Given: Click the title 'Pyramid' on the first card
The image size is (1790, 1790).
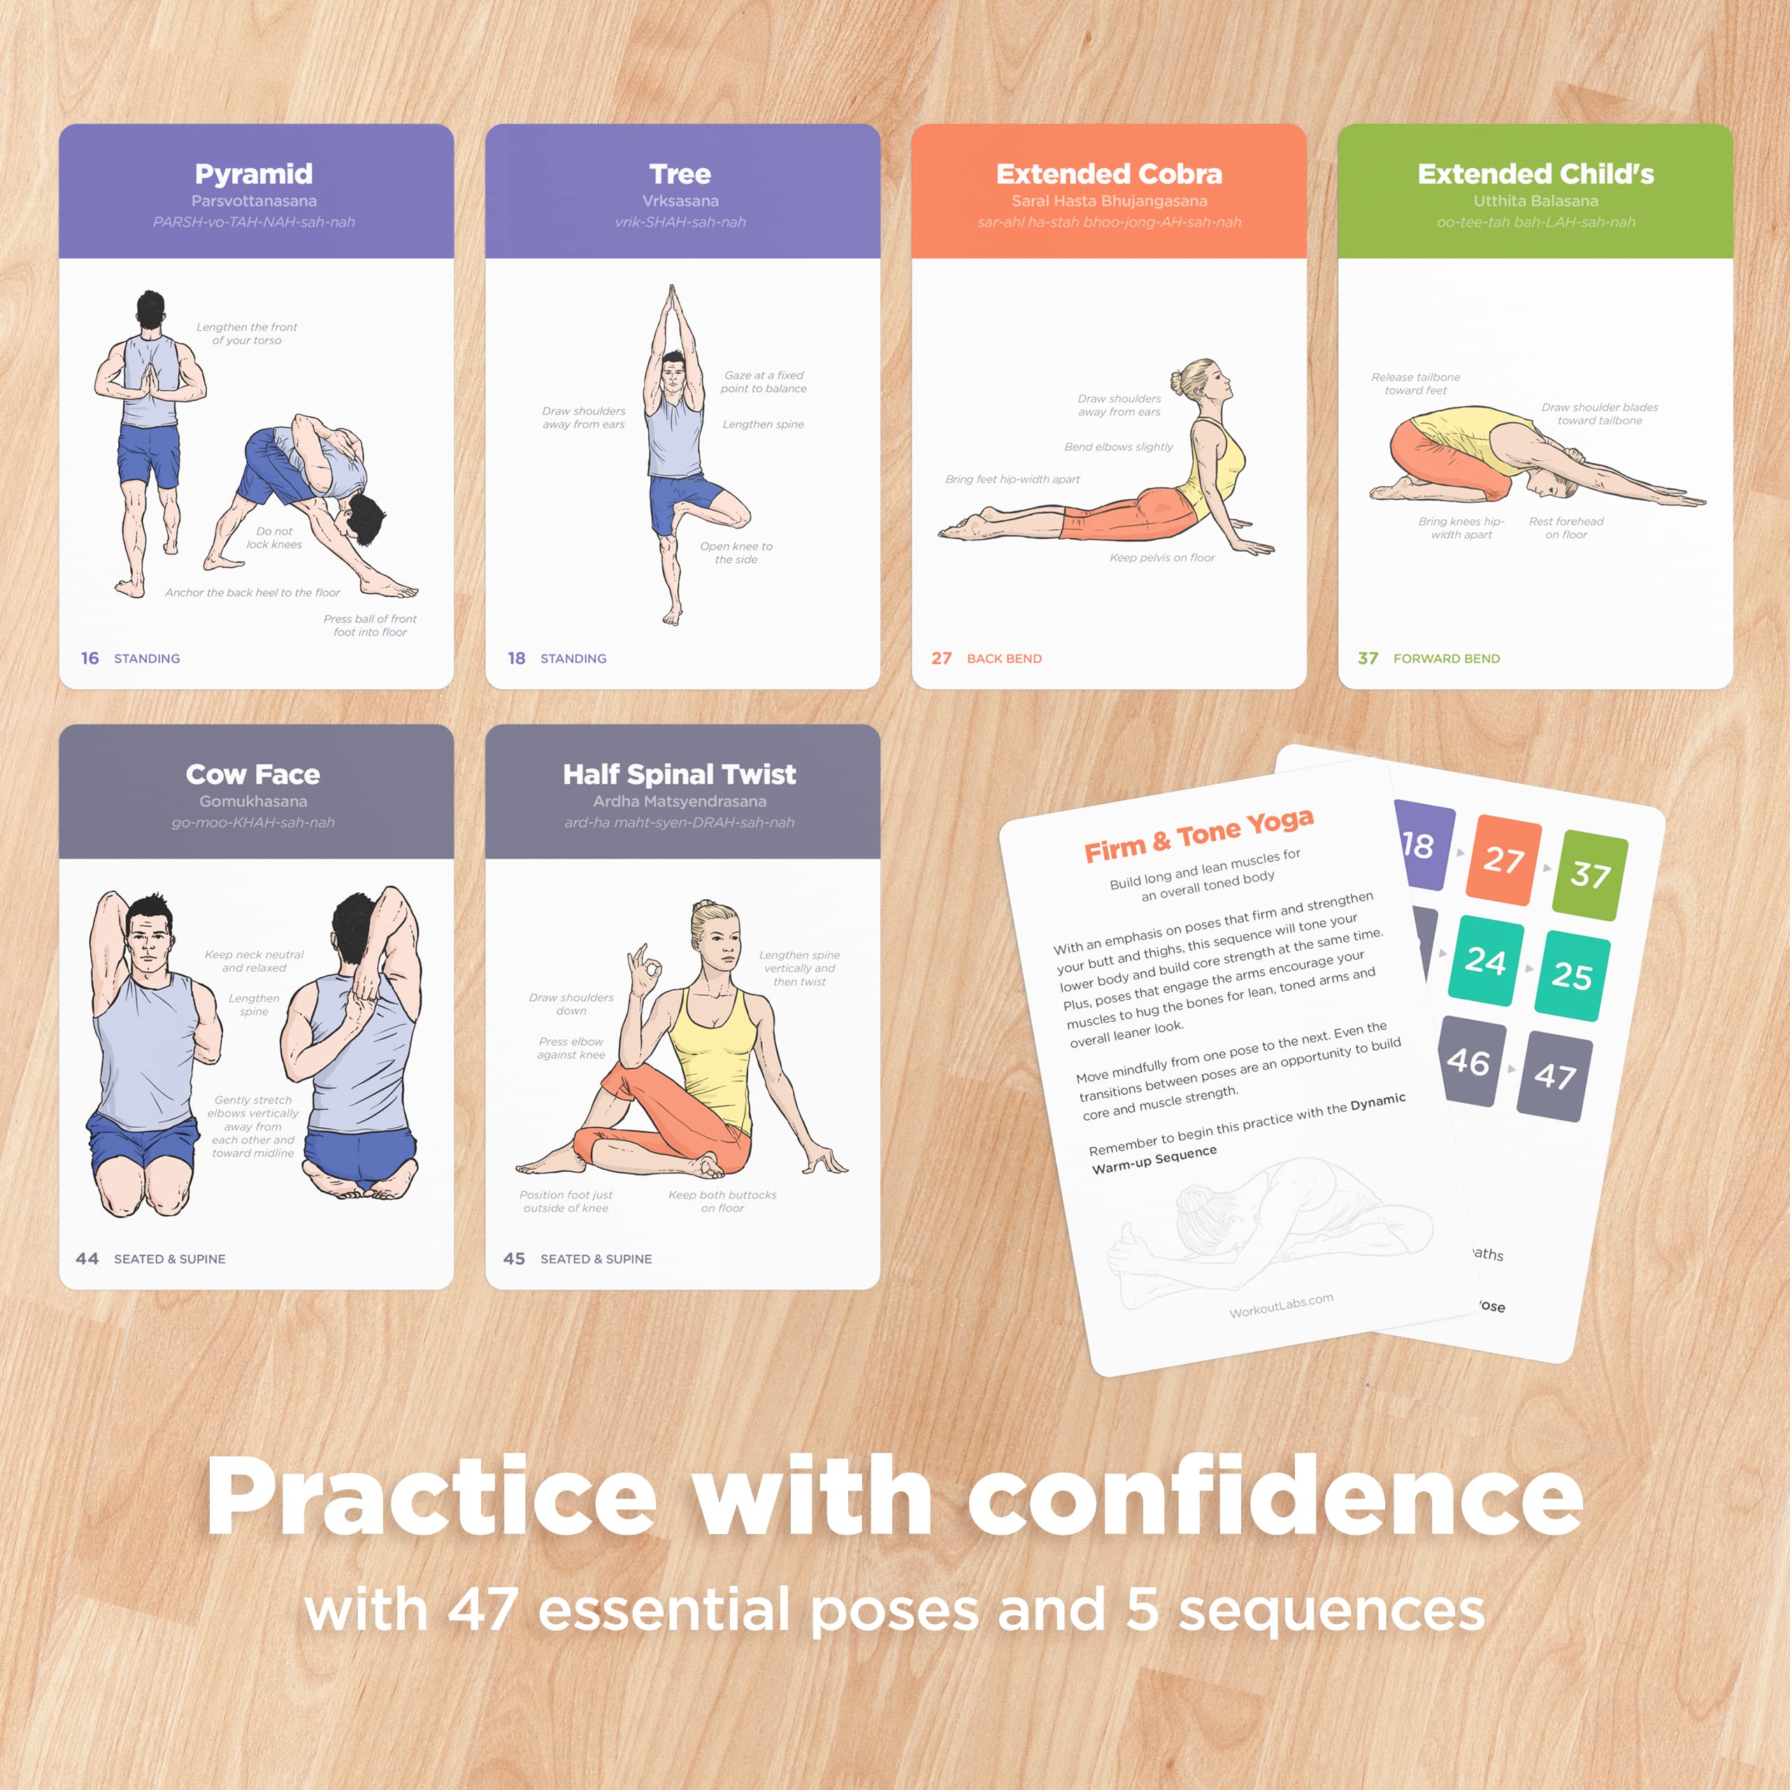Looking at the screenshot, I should point(253,173).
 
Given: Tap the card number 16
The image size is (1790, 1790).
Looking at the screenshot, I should point(90,658).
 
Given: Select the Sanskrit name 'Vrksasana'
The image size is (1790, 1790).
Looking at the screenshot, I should point(680,201).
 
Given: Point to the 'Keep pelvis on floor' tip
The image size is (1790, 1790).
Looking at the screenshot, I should point(1162,558).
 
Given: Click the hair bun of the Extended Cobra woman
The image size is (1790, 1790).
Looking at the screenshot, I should point(1178,380).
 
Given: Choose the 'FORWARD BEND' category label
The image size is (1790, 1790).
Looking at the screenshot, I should point(1446,658).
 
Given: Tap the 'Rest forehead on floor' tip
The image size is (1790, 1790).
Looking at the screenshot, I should point(1566,528).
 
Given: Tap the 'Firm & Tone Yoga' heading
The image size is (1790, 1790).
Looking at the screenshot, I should point(1199,834).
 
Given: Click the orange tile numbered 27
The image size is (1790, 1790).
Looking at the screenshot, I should point(1503,860).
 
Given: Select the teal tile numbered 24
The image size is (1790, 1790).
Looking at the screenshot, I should point(1486,961).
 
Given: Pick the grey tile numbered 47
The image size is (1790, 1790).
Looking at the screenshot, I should point(1554,1075).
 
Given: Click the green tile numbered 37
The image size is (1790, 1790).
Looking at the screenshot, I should point(1591,874).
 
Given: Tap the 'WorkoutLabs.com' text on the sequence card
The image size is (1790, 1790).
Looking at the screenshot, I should point(1282,1305).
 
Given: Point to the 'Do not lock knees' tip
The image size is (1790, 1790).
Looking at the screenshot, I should point(274,538).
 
